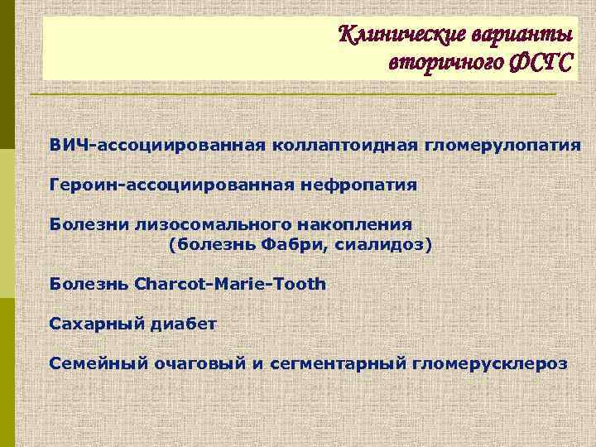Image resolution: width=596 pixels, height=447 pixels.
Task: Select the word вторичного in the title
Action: tap(435, 63)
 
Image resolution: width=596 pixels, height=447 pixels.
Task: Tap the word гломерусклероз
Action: tap(495, 362)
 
